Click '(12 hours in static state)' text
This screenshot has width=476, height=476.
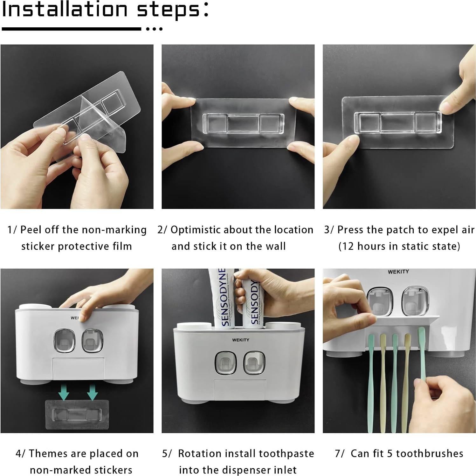(x=399, y=246)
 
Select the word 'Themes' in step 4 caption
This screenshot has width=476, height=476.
(x=48, y=453)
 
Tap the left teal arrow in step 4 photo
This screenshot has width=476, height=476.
(x=64, y=392)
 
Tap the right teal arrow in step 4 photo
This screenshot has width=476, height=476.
(x=92, y=392)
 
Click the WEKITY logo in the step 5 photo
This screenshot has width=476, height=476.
(x=240, y=340)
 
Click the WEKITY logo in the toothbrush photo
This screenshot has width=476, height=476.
(x=398, y=272)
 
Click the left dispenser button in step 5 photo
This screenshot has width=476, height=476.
(x=225, y=363)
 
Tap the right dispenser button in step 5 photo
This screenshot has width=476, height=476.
(x=254, y=363)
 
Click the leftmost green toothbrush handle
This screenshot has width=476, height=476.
(x=370, y=382)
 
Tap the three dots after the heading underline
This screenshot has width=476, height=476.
(x=154, y=29)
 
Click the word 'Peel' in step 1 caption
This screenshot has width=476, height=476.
(x=31, y=230)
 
